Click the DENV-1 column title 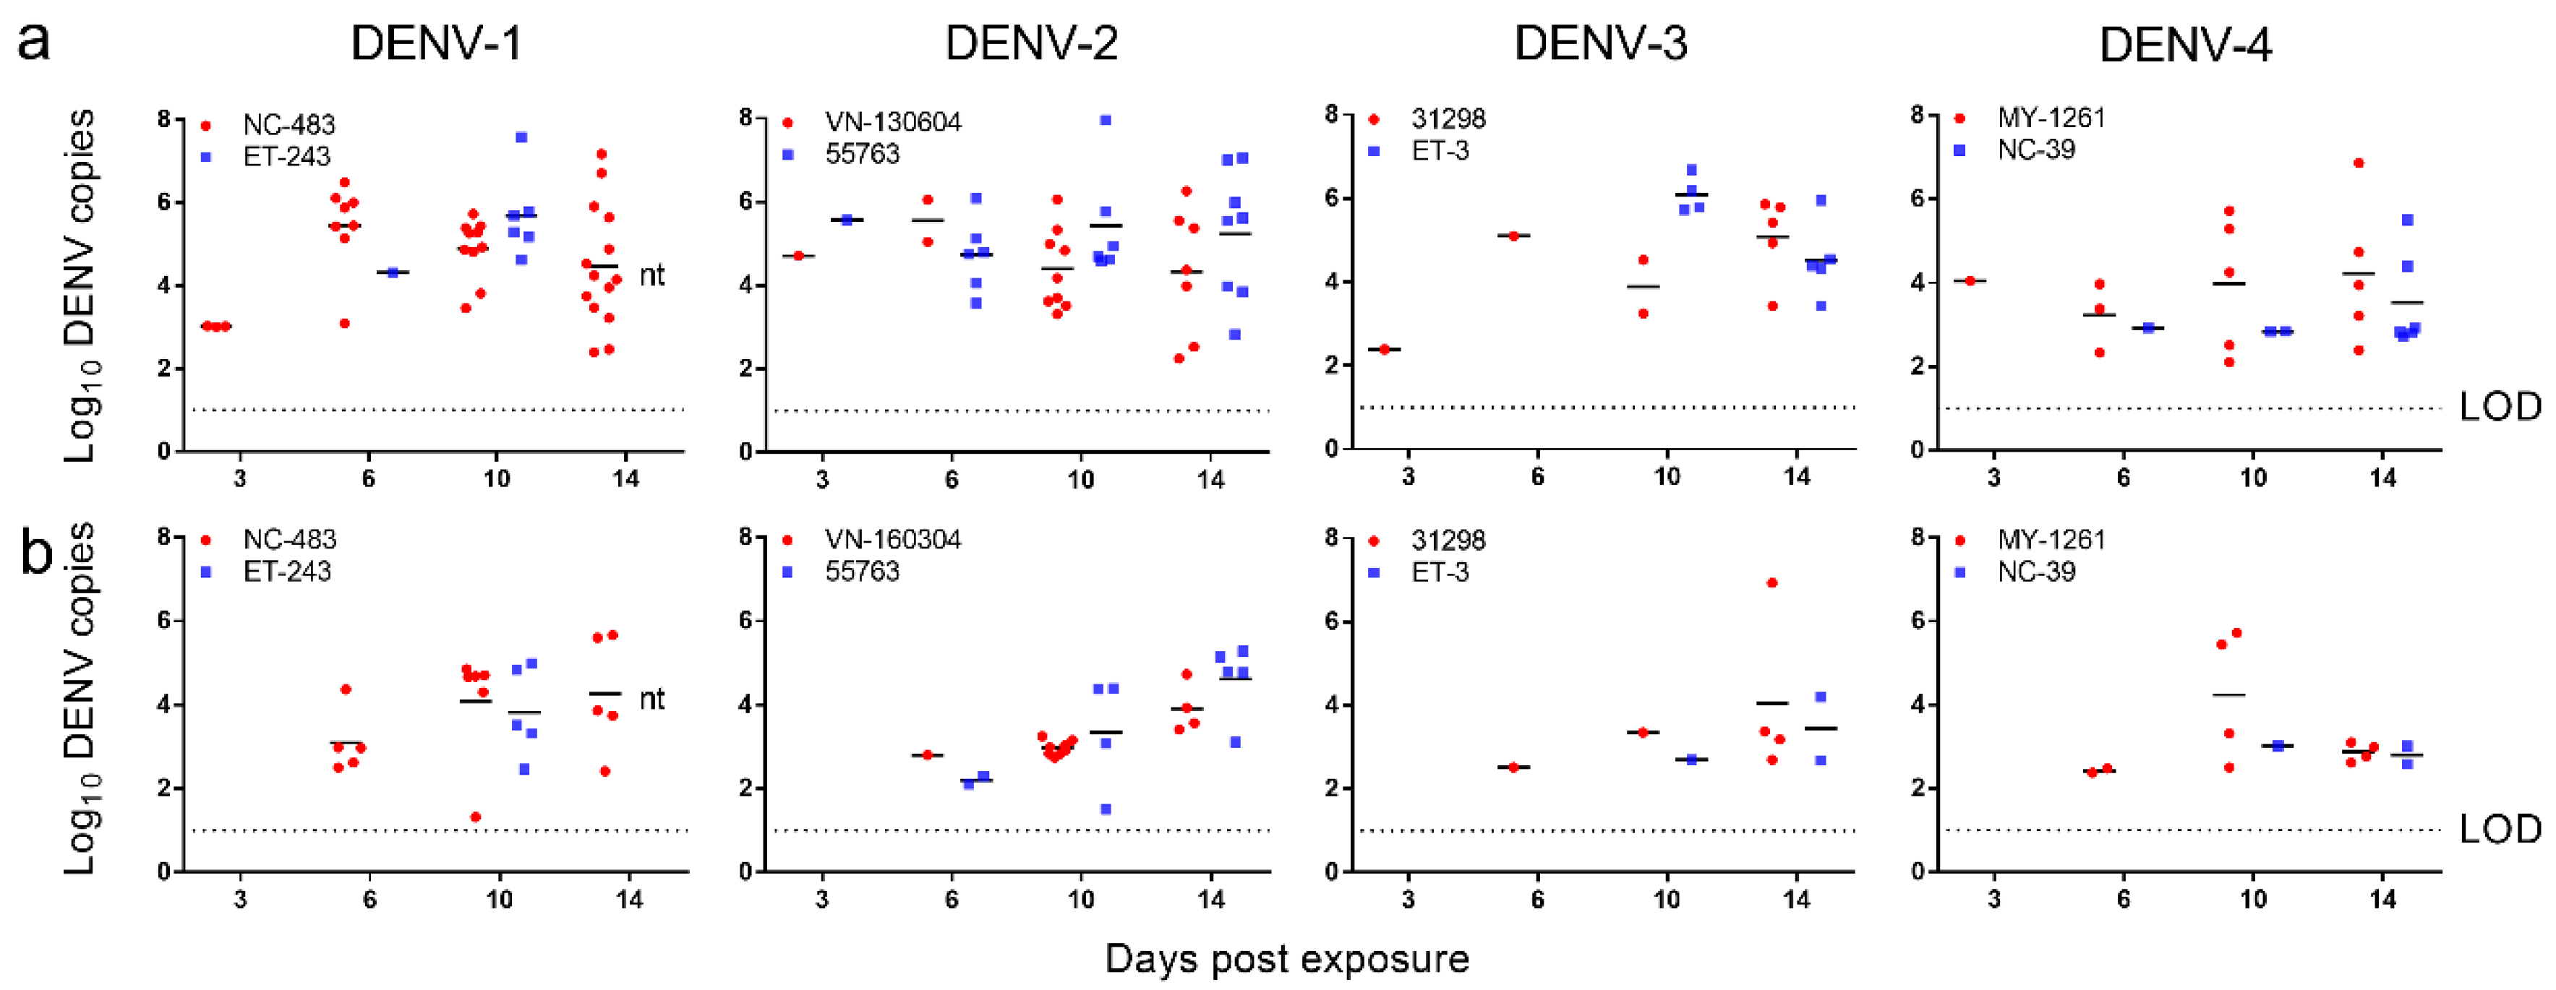click(x=437, y=43)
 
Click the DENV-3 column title click(x=1600, y=43)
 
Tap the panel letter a click(x=34, y=42)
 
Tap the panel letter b click(x=37, y=554)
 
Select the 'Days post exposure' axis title click(x=1287, y=958)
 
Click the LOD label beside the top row click(x=2500, y=407)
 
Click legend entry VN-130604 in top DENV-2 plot click(x=892, y=122)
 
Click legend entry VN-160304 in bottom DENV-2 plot click(x=892, y=540)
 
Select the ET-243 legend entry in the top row click(x=286, y=157)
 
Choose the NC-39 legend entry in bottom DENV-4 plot click(x=2036, y=572)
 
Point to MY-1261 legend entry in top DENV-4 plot click(x=2050, y=118)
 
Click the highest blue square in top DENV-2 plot click(x=1106, y=120)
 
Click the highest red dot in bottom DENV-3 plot click(x=1772, y=582)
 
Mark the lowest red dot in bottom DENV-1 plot click(x=475, y=817)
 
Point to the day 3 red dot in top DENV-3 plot click(x=1384, y=349)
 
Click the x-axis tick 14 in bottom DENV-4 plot click(x=2383, y=900)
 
